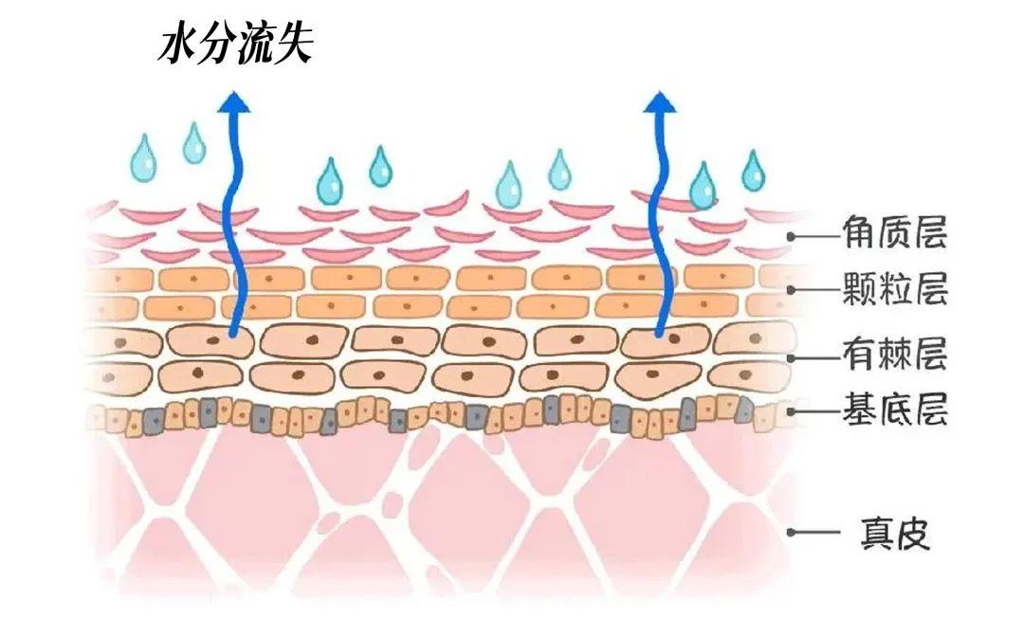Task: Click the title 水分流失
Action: [234, 45]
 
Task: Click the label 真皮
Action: [895, 534]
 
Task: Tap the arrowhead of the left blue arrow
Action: [232, 100]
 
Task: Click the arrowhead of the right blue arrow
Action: [660, 100]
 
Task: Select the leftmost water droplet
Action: [144, 158]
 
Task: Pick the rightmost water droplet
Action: [754, 172]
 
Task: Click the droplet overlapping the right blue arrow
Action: [703, 185]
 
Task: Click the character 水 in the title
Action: [176, 45]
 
